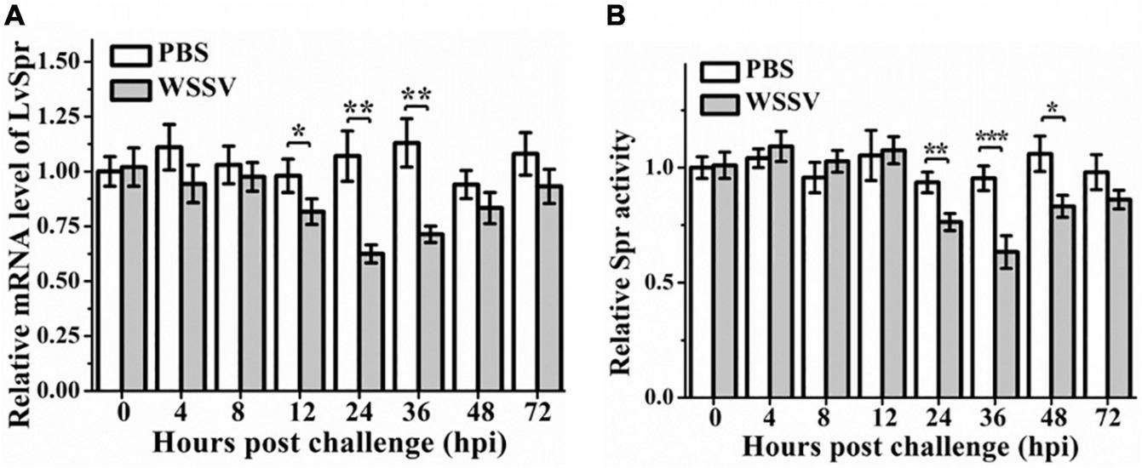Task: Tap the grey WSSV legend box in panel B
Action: point(720,102)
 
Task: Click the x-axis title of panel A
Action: point(326,442)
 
